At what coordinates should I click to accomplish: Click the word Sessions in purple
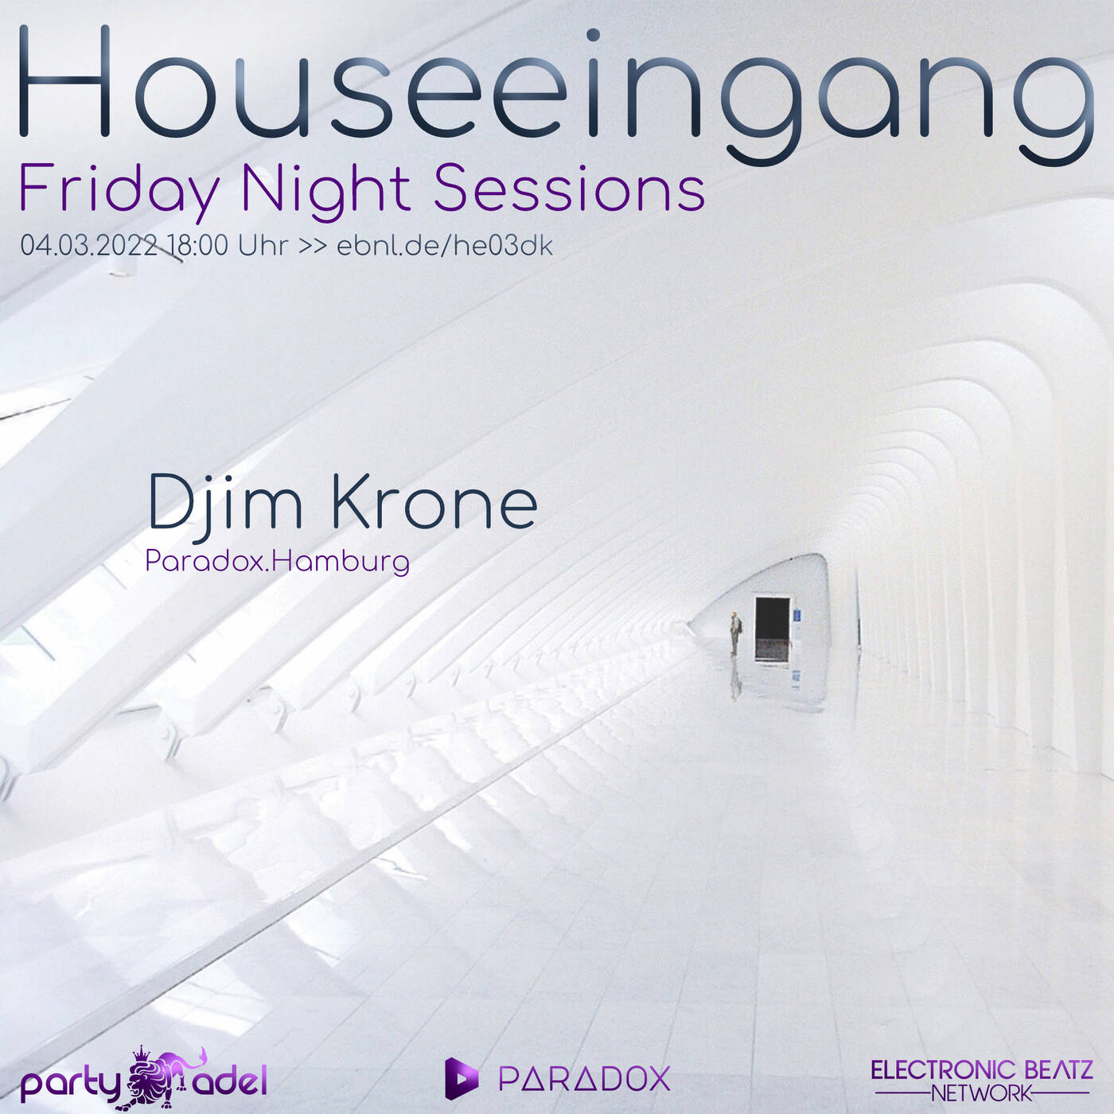point(569,189)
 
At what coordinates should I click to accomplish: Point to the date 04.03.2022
point(89,245)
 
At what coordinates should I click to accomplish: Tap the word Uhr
point(263,245)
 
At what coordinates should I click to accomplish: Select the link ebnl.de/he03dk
point(444,245)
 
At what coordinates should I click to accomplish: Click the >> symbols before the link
point(312,246)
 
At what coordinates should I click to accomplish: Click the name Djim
point(225,503)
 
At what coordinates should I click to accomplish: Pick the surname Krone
point(434,503)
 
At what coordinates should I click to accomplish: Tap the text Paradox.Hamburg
point(277,562)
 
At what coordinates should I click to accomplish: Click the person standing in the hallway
point(735,633)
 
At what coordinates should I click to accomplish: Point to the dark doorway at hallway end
point(771,629)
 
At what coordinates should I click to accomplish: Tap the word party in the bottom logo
point(70,1084)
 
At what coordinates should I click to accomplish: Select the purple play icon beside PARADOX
point(461,1078)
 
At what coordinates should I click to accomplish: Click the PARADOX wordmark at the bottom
point(584,1079)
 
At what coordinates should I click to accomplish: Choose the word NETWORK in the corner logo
point(981,1093)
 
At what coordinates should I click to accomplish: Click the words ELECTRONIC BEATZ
point(981,1070)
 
